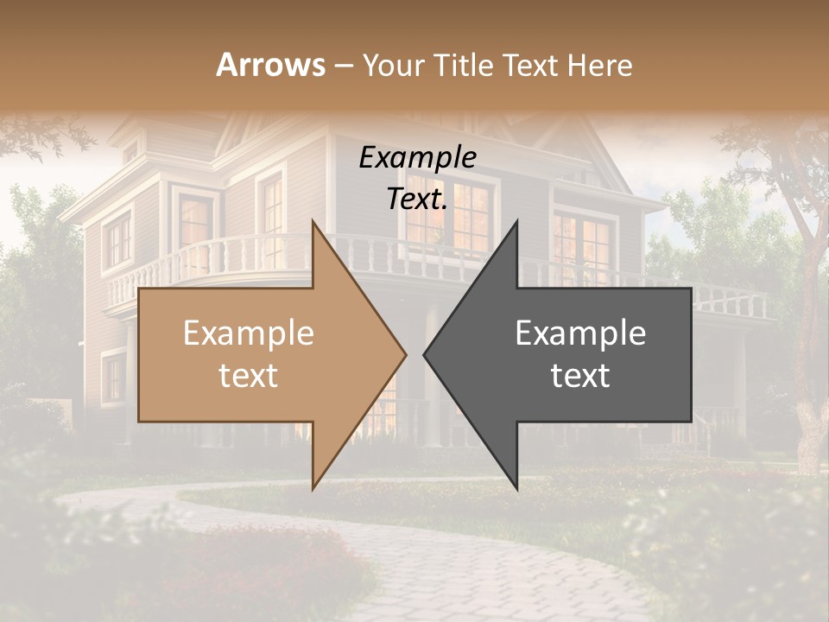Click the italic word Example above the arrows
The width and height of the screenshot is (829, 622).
coord(417,158)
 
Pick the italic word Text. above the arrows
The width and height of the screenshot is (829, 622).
coord(417,199)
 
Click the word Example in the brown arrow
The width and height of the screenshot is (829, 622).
coord(249,333)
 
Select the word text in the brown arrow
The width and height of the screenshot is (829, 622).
coord(249,376)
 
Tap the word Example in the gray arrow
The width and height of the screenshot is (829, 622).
coord(580,333)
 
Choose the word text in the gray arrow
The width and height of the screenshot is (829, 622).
coord(580,376)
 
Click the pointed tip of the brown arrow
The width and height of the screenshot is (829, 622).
coord(406,354)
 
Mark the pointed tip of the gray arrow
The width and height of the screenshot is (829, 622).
coord(424,354)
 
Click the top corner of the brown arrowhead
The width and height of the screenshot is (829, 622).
coord(313,221)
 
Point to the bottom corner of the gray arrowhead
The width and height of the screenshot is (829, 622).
coord(517,488)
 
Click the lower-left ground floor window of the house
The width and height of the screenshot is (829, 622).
coord(113,378)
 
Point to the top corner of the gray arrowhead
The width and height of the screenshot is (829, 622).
coord(517,221)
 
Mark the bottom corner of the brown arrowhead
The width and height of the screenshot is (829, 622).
coord(313,488)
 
